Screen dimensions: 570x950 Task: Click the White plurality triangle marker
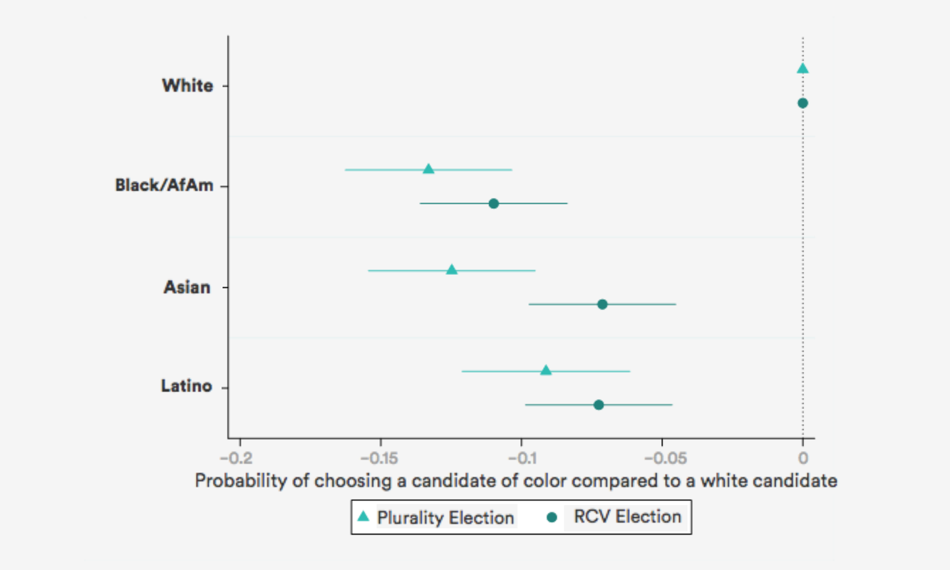pyautogui.click(x=802, y=68)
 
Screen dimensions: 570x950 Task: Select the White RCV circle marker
pyautogui.click(x=802, y=103)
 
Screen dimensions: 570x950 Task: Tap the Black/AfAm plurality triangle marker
pyautogui.click(x=428, y=169)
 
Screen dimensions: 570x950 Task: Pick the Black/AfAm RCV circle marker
pyautogui.click(x=493, y=204)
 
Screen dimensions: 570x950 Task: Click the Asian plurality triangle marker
pyautogui.click(x=452, y=269)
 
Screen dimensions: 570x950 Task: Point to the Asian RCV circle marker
pyautogui.click(x=602, y=304)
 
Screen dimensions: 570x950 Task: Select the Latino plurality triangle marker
pyautogui.click(x=546, y=370)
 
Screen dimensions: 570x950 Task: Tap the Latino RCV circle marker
pyautogui.click(x=599, y=405)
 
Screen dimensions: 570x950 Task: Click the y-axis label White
pyautogui.click(x=187, y=85)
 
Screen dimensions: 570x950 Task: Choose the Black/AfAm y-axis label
pyautogui.click(x=164, y=186)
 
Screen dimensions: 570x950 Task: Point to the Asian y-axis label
pyautogui.click(x=187, y=287)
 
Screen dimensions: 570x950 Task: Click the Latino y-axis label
pyautogui.click(x=187, y=387)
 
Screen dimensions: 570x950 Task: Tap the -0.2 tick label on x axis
pyautogui.click(x=239, y=455)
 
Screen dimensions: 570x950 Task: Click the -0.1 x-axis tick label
pyautogui.click(x=521, y=455)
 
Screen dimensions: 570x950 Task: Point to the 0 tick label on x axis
pyautogui.click(x=802, y=455)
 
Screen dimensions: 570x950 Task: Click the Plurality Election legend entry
pyautogui.click(x=435, y=517)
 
